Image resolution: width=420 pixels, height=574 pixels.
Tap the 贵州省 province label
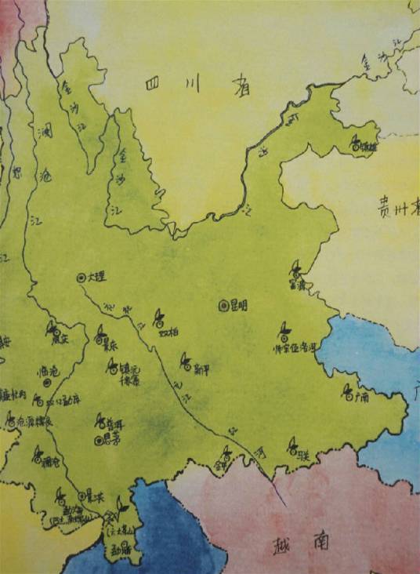click(396, 210)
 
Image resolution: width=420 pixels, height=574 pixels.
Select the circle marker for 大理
click(80, 277)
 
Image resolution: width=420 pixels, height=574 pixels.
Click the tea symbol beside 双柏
click(158, 316)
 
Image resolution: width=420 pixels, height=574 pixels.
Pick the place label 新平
click(201, 366)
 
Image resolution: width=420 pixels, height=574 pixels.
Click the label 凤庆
click(61, 339)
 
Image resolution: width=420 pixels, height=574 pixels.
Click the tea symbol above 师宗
click(283, 330)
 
